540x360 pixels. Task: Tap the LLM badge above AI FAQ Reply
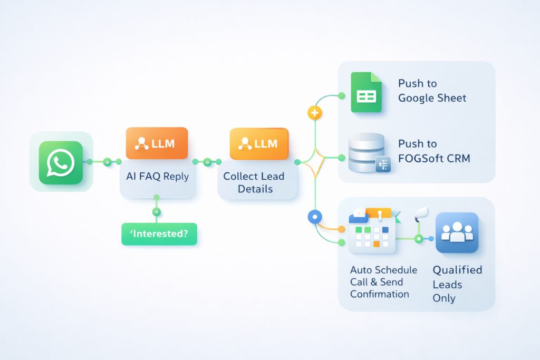(157, 143)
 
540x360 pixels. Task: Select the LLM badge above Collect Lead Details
(259, 143)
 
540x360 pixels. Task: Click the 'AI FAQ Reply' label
(157, 177)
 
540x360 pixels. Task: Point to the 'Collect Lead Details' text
(255, 182)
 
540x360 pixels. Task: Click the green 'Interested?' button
(159, 233)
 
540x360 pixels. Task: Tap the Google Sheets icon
(366, 93)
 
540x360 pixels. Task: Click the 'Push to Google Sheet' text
(432, 91)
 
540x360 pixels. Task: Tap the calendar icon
(372, 231)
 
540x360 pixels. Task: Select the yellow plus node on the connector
(314, 112)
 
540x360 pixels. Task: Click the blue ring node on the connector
(314, 216)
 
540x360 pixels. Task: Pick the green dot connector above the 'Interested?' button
(156, 212)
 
